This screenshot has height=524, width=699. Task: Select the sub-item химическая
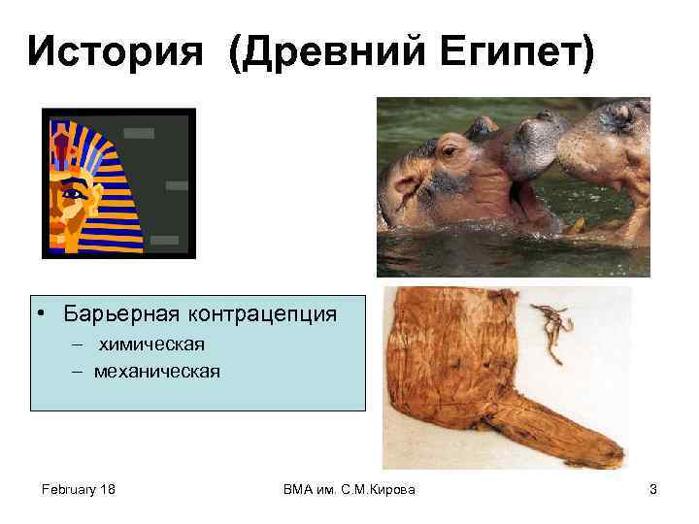[150, 344]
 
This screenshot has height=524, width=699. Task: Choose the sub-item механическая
[157, 371]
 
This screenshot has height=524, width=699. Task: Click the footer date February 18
[79, 490]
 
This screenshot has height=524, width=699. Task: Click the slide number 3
[653, 490]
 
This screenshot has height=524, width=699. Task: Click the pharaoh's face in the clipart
[73, 199]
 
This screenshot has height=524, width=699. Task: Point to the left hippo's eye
[448, 152]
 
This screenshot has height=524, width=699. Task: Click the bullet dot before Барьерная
[44, 314]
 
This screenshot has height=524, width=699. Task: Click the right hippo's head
[607, 146]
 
